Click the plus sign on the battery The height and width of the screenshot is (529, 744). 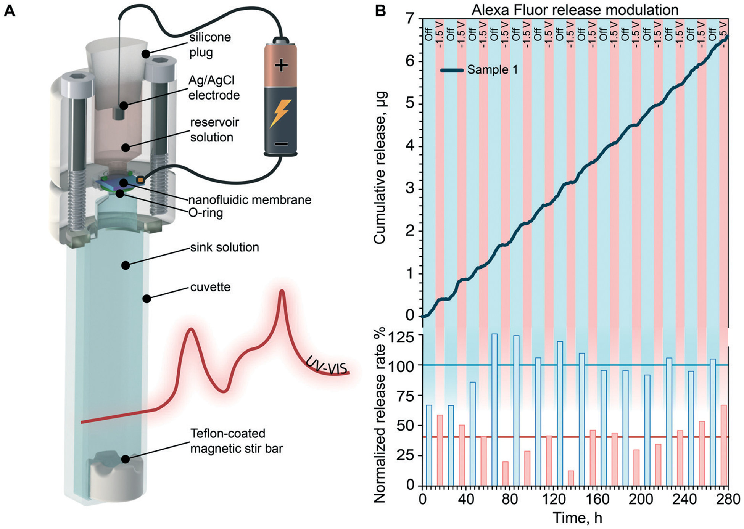281,66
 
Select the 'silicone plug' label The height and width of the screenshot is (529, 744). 210,45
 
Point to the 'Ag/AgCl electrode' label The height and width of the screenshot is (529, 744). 214,87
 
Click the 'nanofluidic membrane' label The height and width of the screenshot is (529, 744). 250,199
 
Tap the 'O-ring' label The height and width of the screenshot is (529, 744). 206,212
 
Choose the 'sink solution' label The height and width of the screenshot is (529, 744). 225,247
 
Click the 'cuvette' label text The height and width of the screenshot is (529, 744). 210,286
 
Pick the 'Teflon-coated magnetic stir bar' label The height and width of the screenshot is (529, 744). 236,441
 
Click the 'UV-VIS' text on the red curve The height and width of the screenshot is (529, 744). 327,366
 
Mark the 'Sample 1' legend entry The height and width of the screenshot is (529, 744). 492,70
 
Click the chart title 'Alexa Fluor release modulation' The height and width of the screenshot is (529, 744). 575,10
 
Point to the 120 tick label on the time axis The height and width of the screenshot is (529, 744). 553,499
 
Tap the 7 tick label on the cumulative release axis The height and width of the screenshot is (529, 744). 410,19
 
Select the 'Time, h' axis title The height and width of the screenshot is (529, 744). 577,518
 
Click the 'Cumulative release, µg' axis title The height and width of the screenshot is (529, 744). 380,168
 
